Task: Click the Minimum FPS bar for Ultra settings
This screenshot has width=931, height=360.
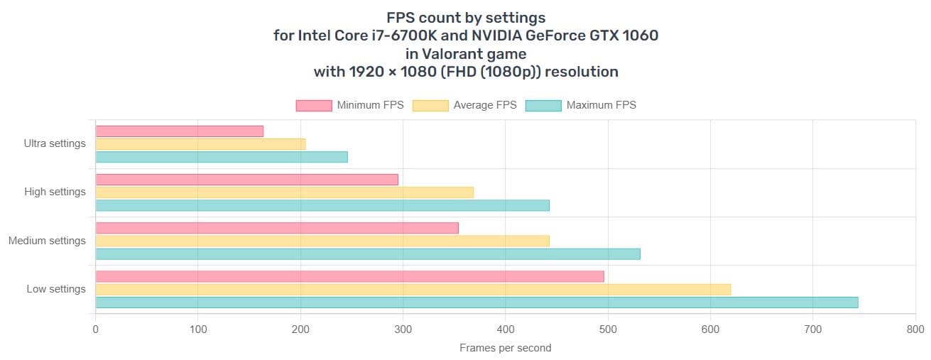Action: [x=179, y=131]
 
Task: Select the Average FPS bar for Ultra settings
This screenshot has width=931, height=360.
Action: [x=200, y=144]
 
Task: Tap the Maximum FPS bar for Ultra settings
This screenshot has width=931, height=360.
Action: [x=222, y=157]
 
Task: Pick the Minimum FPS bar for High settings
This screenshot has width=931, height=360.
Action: [x=246, y=180]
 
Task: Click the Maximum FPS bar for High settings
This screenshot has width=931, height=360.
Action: [x=322, y=205]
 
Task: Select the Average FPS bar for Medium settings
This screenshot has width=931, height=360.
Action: [x=322, y=241]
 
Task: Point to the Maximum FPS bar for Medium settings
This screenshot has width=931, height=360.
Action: [x=368, y=253]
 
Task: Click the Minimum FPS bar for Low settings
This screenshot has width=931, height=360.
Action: [x=349, y=276]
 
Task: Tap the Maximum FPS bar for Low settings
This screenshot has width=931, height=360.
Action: [x=477, y=302]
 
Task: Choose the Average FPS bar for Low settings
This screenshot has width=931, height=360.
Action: [x=413, y=289]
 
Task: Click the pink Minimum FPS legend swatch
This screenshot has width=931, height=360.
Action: [x=313, y=105]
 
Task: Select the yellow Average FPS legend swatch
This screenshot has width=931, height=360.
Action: [x=430, y=105]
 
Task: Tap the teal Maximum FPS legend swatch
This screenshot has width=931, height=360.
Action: [x=543, y=105]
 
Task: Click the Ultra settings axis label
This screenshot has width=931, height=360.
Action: [x=55, y=143]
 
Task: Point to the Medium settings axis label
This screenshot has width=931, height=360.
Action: [x=47, y=241]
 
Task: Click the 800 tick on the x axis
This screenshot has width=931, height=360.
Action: [x=915, y=329]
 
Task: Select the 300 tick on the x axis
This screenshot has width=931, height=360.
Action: [x=403, y=329]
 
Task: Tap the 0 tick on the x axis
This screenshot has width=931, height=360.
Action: [x=96, y=329]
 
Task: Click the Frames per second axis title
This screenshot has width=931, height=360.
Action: [x=505, y=348]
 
